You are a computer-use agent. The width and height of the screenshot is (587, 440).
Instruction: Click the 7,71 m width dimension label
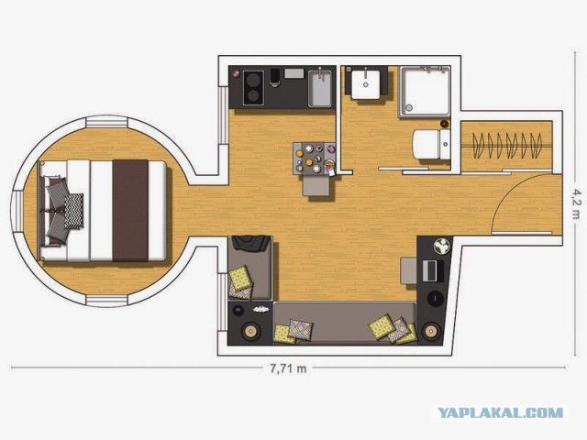[288, 368]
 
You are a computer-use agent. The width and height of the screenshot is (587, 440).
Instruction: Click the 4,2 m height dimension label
[577, 203]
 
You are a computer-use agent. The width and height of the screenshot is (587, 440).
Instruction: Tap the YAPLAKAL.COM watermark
[501, 413]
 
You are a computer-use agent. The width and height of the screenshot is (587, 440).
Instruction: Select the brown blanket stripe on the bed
[130, 211]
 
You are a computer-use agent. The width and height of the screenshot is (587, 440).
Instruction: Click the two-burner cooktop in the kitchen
[253, 88]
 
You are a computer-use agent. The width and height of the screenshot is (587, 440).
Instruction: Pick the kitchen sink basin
[320, 88]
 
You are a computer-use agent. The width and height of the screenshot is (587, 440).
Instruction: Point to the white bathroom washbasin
[366, 84]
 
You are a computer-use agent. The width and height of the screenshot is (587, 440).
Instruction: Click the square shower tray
[425, 92]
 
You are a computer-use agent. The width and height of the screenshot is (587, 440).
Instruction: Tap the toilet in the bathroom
[431, 145]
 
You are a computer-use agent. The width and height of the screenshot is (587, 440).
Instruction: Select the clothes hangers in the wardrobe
[507, 145]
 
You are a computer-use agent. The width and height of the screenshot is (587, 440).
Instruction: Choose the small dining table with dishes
[314, 158]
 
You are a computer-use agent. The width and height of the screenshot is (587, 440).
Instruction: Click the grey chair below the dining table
[316, 185]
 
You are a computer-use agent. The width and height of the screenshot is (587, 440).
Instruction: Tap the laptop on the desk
[433, 271]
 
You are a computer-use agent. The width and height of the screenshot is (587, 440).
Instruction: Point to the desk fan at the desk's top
[442, 247]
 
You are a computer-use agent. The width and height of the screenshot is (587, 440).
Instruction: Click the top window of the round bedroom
[106, 122]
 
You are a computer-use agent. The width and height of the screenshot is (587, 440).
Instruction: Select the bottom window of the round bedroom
[106, 301]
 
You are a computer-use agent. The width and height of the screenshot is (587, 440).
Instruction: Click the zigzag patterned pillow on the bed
[73, 211]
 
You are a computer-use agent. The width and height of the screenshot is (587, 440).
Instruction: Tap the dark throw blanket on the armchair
[250, 243]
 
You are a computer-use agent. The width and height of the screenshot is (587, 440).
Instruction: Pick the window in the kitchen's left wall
[223, 115]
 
